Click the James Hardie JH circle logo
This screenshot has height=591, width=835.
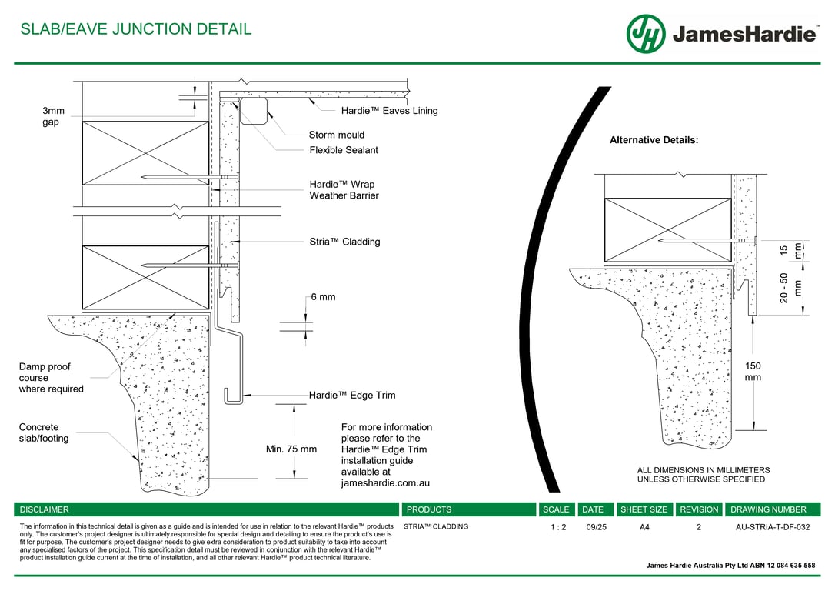(x=646, y=34)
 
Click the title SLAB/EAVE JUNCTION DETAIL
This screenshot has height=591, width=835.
(x=135, y=30)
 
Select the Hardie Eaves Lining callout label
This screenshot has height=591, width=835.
(x=389, y=111)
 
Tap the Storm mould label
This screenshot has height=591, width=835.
(x=337, y=135)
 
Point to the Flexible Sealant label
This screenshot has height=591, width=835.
(x=344, y=150)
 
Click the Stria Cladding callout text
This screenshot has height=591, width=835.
(x=344, y=242)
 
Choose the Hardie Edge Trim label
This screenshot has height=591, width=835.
(x=352, y=396)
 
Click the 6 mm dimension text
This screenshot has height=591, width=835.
(x=323, y=297)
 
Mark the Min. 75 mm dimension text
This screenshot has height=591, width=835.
(x=291, y=449)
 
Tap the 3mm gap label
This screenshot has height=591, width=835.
(x=53, y=117)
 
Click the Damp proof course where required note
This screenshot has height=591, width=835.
(x=51, y=378)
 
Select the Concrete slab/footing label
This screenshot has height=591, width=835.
(x=44, y=432)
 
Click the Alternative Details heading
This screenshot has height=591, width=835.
(x=654, y=140)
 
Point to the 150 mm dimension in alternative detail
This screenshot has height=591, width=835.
(x=753, y=372)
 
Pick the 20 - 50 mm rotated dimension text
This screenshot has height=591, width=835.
(x=790, y=289)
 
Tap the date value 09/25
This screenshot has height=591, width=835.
(x=596, y=527)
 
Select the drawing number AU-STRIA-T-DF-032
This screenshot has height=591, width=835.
(x=773, y=527)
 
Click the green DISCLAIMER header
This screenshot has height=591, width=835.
(x=45, y=509)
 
